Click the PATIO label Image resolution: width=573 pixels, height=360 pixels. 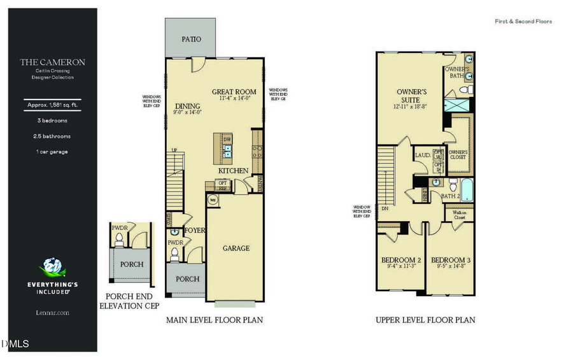191,40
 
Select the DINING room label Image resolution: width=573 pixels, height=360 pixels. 188,106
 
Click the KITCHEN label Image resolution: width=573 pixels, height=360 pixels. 233,171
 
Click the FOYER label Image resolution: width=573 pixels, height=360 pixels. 194,231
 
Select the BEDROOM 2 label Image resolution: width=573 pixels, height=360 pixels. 401,260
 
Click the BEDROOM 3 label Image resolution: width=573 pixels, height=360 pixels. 451,260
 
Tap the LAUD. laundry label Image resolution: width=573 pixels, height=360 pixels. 423,155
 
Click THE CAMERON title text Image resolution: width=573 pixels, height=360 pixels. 52,62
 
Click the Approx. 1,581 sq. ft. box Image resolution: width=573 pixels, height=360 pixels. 52,104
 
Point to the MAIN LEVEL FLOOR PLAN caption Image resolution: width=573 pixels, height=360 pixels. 214,320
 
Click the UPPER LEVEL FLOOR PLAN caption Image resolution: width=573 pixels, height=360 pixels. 425,320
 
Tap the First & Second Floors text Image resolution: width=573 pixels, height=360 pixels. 523,22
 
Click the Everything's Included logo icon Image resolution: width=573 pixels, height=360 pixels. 52,266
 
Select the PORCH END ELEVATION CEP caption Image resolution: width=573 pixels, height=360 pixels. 129,301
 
